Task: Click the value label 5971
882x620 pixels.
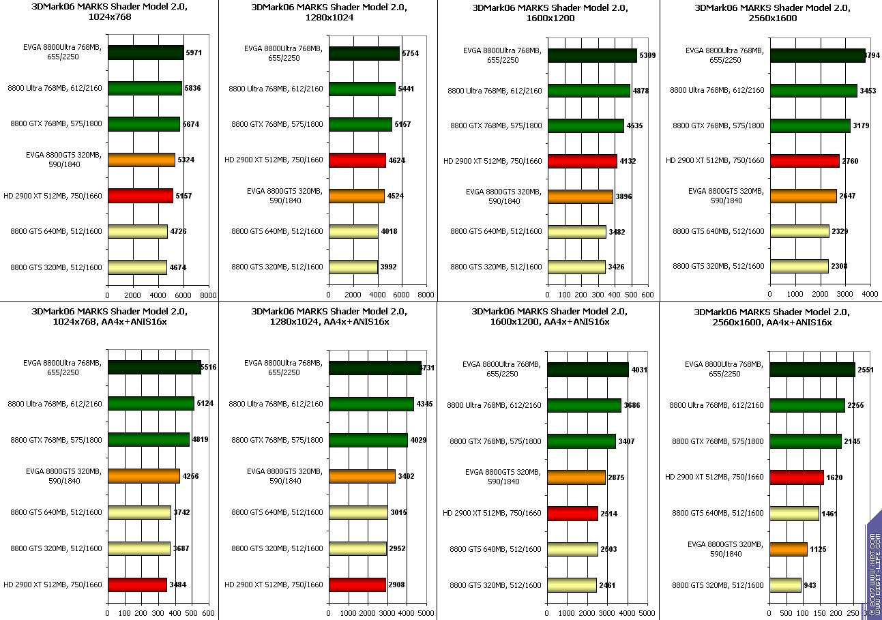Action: coord(194,53)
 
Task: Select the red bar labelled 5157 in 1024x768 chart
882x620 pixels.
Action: coord(140,196)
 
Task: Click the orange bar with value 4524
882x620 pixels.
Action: coord(356,196)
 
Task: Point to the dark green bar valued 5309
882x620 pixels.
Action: coord(591,55)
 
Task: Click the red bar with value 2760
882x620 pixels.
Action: coord(804,160)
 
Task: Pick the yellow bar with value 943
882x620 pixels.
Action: coord(785,585)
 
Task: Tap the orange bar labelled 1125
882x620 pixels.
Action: coord(788,549)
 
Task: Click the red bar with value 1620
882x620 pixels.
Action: coord(797,477)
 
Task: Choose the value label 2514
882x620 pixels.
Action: coord(609,513)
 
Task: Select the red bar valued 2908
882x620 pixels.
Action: coord(357,585)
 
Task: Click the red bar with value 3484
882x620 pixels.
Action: coord(137,585)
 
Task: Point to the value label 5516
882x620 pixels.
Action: coord(208,368)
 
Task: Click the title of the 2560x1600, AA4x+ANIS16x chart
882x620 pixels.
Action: coord(771,317)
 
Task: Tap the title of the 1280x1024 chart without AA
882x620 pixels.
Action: coord(329,12)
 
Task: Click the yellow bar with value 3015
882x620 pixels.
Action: coord(358,512)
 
